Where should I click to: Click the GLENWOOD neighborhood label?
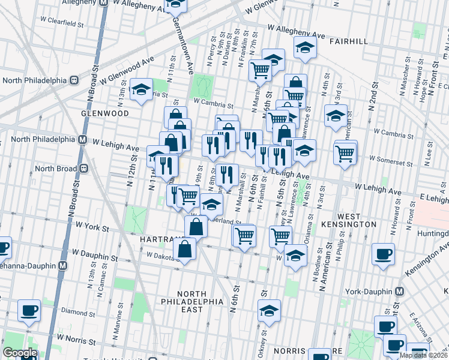tap(107, 113)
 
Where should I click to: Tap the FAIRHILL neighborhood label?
tap(350, 41)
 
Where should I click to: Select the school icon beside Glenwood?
tap(141, 91)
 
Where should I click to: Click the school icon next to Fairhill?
tap(305, 48)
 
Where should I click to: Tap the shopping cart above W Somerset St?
tap(345, 152)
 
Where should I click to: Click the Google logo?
tap(20, 353)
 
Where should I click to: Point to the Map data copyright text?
tap(423, 355)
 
